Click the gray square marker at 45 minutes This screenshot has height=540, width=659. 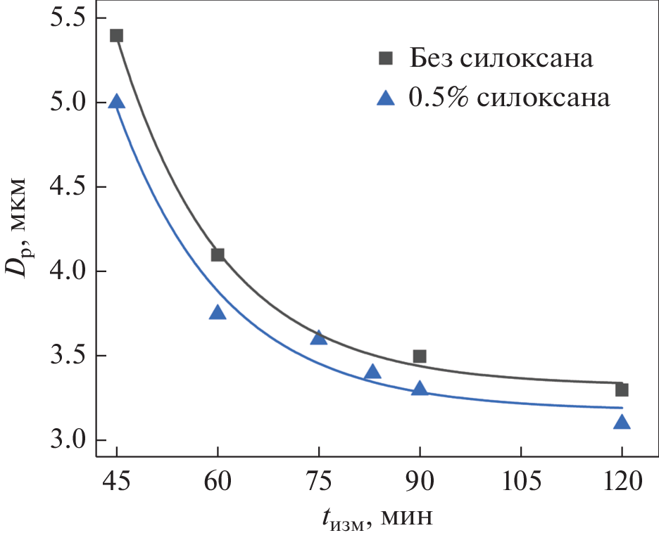point(117,36)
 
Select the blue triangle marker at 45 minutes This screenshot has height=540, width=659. point(117,102)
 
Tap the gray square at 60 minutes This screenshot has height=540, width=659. point(218,255)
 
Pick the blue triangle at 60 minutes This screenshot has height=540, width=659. point(218,313)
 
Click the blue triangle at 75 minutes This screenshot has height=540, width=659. point(319,338)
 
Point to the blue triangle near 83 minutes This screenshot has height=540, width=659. point(372,372)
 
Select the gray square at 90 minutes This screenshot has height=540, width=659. point(420,356)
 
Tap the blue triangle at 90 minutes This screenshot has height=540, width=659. point(420,389)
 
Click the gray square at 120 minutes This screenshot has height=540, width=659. point(622,390)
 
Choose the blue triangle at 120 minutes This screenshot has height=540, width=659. point(622,423)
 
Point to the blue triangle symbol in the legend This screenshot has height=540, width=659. point(385,98)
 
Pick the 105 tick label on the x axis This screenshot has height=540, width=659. point(520,483)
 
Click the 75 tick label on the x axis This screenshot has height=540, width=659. point(319,483)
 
